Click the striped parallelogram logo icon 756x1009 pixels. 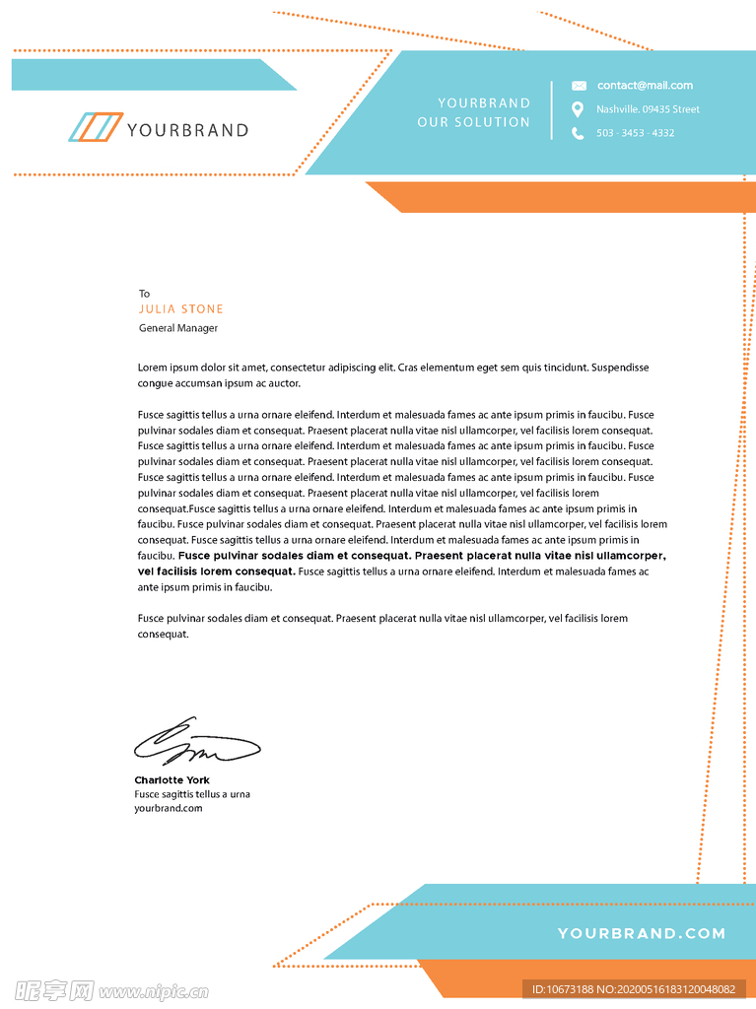click(96, 128)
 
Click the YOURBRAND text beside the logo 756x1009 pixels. click(187, 130)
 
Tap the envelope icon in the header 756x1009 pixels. click(579, 86)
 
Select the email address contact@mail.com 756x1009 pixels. click(645, 86)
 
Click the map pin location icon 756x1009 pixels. click(578, 109)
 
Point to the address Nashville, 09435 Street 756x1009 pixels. click(648, 109)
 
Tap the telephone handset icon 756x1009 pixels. click(578, 133)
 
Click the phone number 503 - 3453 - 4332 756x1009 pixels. click(635, 133)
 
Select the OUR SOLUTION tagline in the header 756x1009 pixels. click(473, 122)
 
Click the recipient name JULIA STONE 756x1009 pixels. click(181, 309)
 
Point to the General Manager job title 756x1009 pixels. click(178, 328)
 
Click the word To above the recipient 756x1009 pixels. click(144, 294)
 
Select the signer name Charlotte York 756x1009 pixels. click(172, 780)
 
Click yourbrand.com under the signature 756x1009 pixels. click(169, 808)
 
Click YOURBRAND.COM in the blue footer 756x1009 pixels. click(641, 933)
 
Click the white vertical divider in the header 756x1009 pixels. click(551, 110)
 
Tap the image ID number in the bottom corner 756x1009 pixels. click(634, 989)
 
